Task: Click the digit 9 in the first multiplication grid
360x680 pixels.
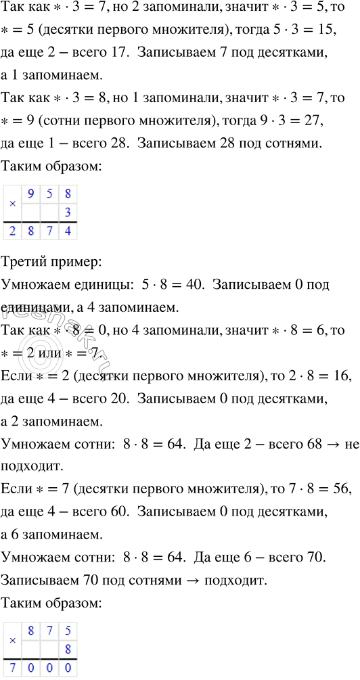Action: tap(31, 195)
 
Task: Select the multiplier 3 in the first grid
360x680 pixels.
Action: tap(67, 213)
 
